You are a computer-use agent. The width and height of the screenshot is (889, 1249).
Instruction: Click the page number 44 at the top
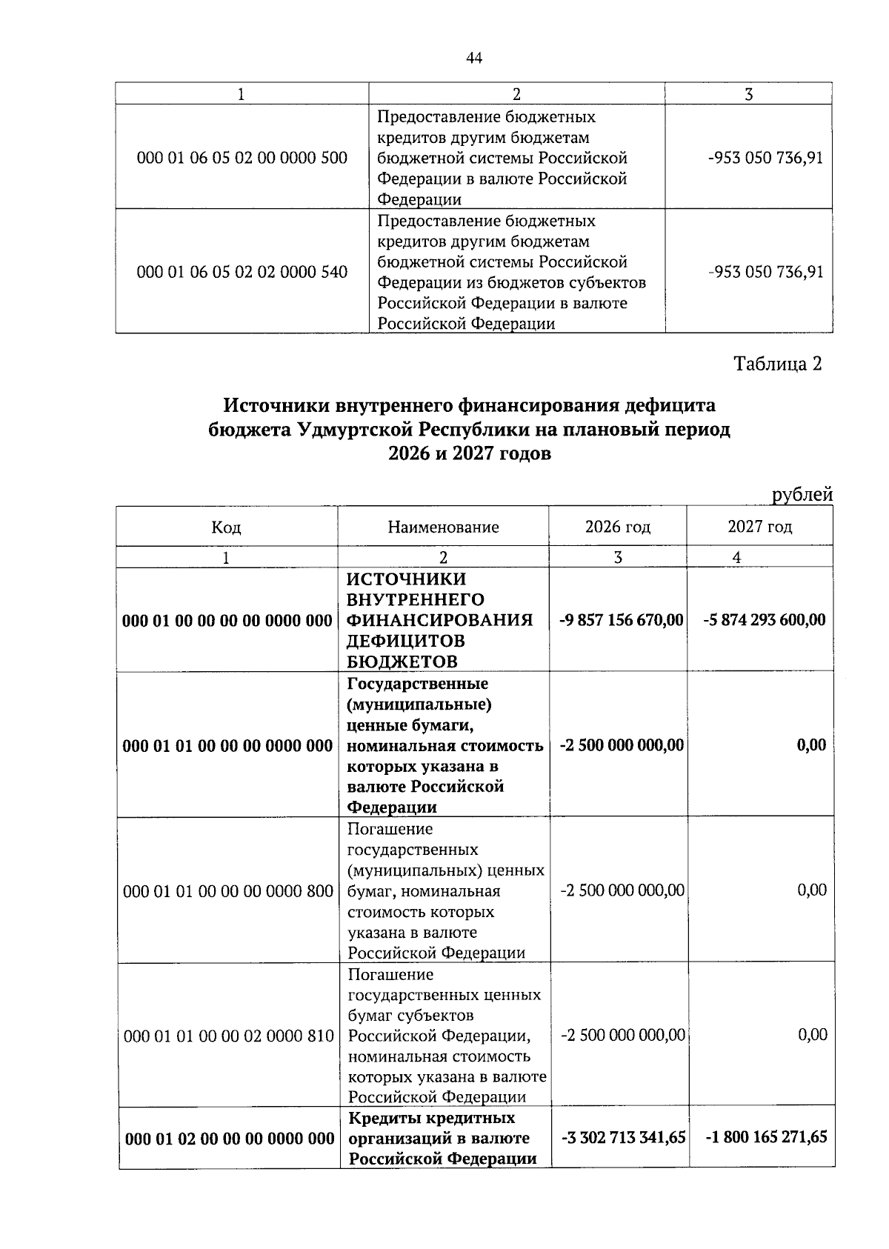(x=474, y=59)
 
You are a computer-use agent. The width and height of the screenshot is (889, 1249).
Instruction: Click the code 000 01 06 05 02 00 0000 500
(x=242, y=158)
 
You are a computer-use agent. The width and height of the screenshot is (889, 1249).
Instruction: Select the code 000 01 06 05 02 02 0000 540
(x=242, y=272)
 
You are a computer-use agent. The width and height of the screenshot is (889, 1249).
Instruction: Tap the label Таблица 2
(x=777, y=364)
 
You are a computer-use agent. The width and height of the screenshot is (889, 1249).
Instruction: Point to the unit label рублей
(x=802, y=494)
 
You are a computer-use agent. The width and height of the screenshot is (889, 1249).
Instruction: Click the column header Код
(x=226, y=527)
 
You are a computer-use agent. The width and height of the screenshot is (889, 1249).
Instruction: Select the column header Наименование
(x=443, y=527)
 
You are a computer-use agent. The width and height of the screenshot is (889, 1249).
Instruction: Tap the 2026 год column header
(x=618, y=527)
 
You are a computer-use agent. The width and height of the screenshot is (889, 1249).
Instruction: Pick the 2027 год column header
(x=759, y=527)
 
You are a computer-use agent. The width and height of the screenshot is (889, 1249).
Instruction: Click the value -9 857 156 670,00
(x=621, y=619)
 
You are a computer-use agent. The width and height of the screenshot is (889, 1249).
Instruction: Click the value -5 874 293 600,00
(x=764, y=619)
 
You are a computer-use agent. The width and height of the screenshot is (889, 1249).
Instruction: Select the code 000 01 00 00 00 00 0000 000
(x=227, y=620)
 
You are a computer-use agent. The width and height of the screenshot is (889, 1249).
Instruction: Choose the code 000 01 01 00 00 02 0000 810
(x=229, y=1036)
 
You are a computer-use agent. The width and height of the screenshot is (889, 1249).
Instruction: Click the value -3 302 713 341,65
(x=623, y=1137)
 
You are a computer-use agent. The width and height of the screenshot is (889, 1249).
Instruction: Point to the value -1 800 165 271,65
(x=765, y=1137)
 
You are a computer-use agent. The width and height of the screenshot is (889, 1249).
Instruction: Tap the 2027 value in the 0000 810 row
(x=813, y=1035)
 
